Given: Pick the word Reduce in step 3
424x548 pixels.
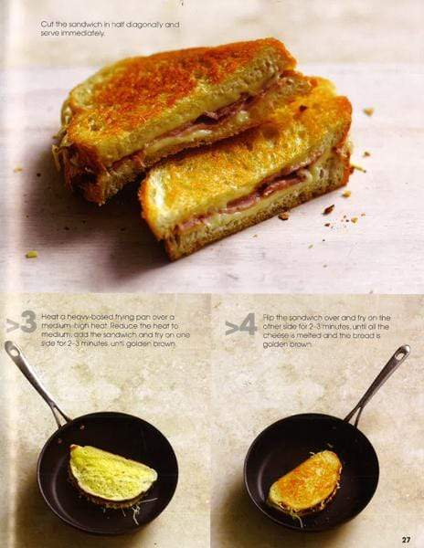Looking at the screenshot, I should click(127, 324).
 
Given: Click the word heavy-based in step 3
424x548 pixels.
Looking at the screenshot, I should click(77, 315).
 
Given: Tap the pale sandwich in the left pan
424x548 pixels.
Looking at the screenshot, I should click(112, 473).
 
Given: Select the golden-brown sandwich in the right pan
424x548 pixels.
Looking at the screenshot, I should click(305, 480).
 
